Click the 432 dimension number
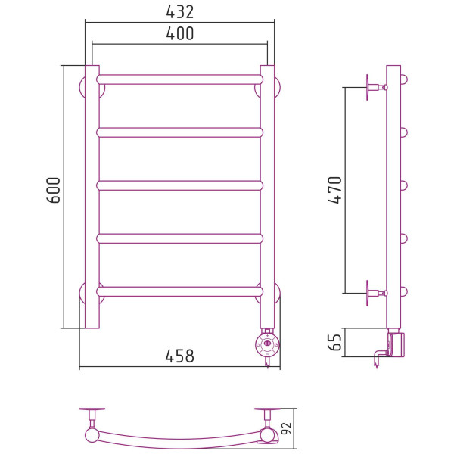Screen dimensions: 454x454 (x=180, y=12)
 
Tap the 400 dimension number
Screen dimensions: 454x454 (x=180, y=33)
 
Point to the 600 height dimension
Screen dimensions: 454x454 (x=54, y=190)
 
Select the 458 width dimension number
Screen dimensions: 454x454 (x=180, y=356)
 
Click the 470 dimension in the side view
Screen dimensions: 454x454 (x=335, y=190)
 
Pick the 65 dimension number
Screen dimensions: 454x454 (x=335, y=342)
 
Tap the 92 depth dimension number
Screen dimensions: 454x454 (x=286, y=429)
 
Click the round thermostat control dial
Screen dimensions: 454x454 (x=268, y=344)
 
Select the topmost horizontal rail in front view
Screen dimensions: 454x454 (x=180, y=79)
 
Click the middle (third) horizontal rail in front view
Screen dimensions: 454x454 (x=180, y=185)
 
